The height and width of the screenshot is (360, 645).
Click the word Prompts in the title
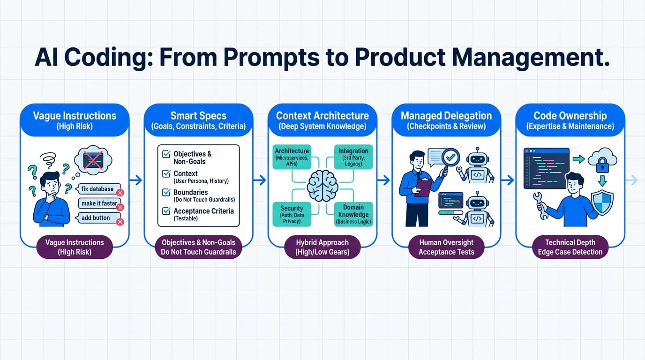pyautogui.click(x=271, y=58)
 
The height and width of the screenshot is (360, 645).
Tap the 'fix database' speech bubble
pyautogui.click(x=98, y=189)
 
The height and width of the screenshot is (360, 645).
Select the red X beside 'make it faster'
pyautogui.click(x=120, y=207)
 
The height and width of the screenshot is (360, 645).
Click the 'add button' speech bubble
pyautogui.click(x=97, y=217)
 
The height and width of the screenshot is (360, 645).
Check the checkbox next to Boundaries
pyautogui.click(x=166, y=192)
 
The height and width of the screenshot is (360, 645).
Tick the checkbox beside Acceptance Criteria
pyautogui.click(x=166, y=211)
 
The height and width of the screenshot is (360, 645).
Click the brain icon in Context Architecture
pyautogui.click(x=322, y=186)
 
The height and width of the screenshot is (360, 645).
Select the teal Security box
pyautogui.click(x=292, y=214)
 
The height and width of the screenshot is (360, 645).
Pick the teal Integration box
pyautogui.click(x=353, y=157)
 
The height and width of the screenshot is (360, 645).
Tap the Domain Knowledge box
pyautogui.click(x=353, y=214)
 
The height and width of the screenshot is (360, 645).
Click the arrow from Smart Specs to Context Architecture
pyautogui.click(x=260, y=180)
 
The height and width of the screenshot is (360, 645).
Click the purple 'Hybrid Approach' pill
pyautogui.click(x=322, y=247)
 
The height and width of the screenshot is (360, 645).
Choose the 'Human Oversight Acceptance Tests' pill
pyautogui.click(x=446, y=247)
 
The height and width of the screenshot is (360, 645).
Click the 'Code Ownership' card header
pyautogui.click(x=570, y=120)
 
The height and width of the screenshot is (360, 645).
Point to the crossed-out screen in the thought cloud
pyautogui.click(x=93, y=160)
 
